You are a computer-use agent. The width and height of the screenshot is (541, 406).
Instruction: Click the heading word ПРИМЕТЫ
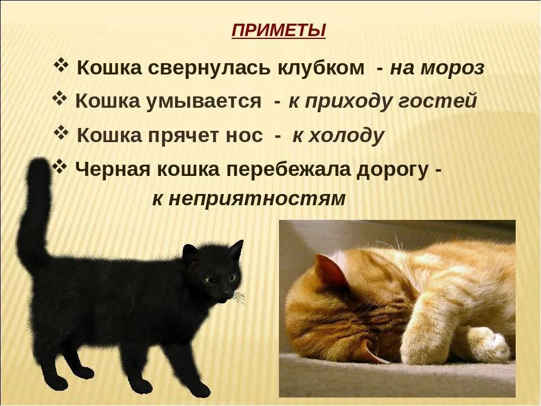pos(278,30)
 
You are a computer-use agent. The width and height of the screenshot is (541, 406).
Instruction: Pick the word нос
pos(246,136)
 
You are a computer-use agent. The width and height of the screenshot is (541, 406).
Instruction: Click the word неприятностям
pos(249,199)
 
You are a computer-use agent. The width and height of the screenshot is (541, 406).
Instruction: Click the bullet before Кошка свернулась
pos(61,66)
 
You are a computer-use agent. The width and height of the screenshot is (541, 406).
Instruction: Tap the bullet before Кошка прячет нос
pos(61,133)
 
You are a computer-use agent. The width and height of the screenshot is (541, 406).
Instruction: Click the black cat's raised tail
pos(35,214)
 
